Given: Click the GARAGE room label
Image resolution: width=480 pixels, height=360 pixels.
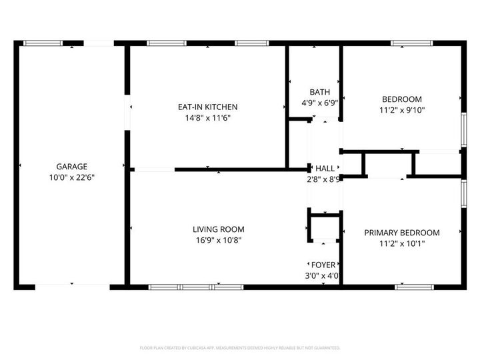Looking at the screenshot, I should click(71, 167).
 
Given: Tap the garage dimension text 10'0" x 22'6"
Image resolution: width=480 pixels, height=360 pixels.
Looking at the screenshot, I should click(71, 178).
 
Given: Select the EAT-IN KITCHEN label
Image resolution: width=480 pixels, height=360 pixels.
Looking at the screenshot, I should click(207, 107).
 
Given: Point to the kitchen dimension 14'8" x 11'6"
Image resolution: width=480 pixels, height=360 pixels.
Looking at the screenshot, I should click(207, 118).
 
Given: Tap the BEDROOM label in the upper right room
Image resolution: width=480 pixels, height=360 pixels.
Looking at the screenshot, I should click(401, 99).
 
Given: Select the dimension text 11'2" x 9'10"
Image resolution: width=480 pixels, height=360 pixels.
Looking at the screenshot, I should click(401, 110).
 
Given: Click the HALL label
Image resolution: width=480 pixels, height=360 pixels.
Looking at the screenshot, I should click(325, 169).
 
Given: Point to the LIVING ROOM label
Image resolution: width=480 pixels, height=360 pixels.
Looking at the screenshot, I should click(213, 229).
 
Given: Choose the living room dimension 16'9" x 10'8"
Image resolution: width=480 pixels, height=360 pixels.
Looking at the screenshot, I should click(213, 241).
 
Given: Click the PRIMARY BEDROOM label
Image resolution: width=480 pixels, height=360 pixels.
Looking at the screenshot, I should click(401, 233).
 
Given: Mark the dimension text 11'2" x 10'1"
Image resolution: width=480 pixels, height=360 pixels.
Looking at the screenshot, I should click(401, 244).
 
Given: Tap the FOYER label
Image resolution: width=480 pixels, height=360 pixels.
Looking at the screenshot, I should click(323, 265).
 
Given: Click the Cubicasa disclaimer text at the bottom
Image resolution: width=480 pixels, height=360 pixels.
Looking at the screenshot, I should click(240, 348).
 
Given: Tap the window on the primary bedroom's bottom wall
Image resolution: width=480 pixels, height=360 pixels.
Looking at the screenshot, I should click(415, 287).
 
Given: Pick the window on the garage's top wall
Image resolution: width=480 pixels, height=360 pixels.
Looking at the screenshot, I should click(43, 43).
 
